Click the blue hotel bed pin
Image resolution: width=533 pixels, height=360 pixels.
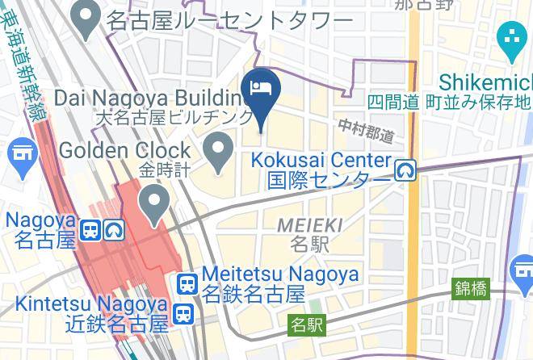pyautogui.click(x=260, y=88)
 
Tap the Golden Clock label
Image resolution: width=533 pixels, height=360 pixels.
pyautogui.click(x=124, y=150)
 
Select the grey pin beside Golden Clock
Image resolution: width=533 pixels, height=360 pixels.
pyautogui.click(x=217, y=150)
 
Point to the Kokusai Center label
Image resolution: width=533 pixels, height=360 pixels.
pyautogui.click(x=321, y=161)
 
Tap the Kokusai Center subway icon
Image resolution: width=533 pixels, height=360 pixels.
pyautogui.click(x=405, y=170)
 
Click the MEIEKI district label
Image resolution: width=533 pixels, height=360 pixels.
pyautogui.click(x=309, y=225)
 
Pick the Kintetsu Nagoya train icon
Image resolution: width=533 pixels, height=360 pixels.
pyautogui.click(x=183, y=313)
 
